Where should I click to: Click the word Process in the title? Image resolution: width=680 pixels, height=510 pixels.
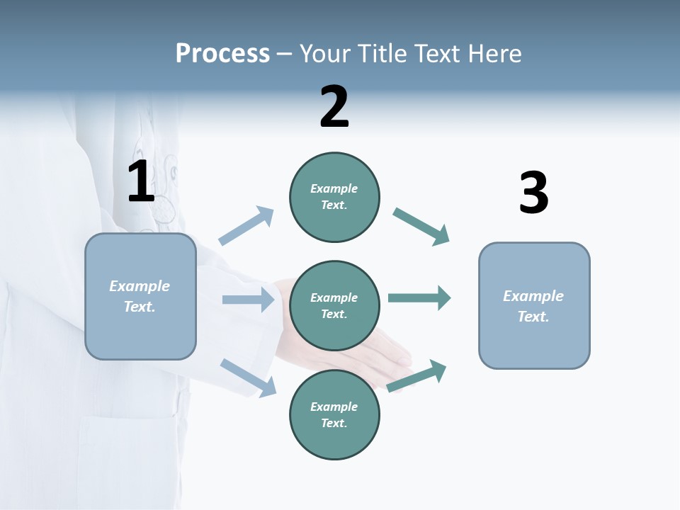pos(222,54)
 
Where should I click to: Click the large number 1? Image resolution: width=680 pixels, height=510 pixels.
pos(141,181)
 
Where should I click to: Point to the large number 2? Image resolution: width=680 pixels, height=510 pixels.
pos(334,107)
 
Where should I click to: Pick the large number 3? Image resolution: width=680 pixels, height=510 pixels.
pos(533,193)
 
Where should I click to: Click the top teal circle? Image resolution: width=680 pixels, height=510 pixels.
pos(334,197)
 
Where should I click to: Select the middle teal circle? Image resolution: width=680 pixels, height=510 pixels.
pos(334,306)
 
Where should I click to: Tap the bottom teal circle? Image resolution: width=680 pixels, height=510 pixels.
pos(334,415)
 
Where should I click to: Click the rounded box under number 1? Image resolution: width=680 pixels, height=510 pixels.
pos(140,296)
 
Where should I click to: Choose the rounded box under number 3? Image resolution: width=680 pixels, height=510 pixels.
pos(534,306)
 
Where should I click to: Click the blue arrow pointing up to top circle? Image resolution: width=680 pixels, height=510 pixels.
pos(246,226)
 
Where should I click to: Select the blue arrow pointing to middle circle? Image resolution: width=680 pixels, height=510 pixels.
pos(248,300)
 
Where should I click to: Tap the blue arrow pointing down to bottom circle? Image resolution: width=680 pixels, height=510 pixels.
pos(248,378)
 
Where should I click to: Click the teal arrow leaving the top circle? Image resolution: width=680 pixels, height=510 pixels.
pos(421,227)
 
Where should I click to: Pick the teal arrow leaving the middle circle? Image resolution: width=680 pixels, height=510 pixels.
pos(419,298)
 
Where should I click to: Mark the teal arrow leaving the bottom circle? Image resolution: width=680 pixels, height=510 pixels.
pos(416,376)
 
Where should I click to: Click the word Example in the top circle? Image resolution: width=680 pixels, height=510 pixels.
pos(334,188)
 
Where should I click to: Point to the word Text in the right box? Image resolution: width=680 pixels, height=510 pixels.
pos(533,317)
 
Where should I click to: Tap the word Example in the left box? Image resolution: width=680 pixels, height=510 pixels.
pos(140,286)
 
